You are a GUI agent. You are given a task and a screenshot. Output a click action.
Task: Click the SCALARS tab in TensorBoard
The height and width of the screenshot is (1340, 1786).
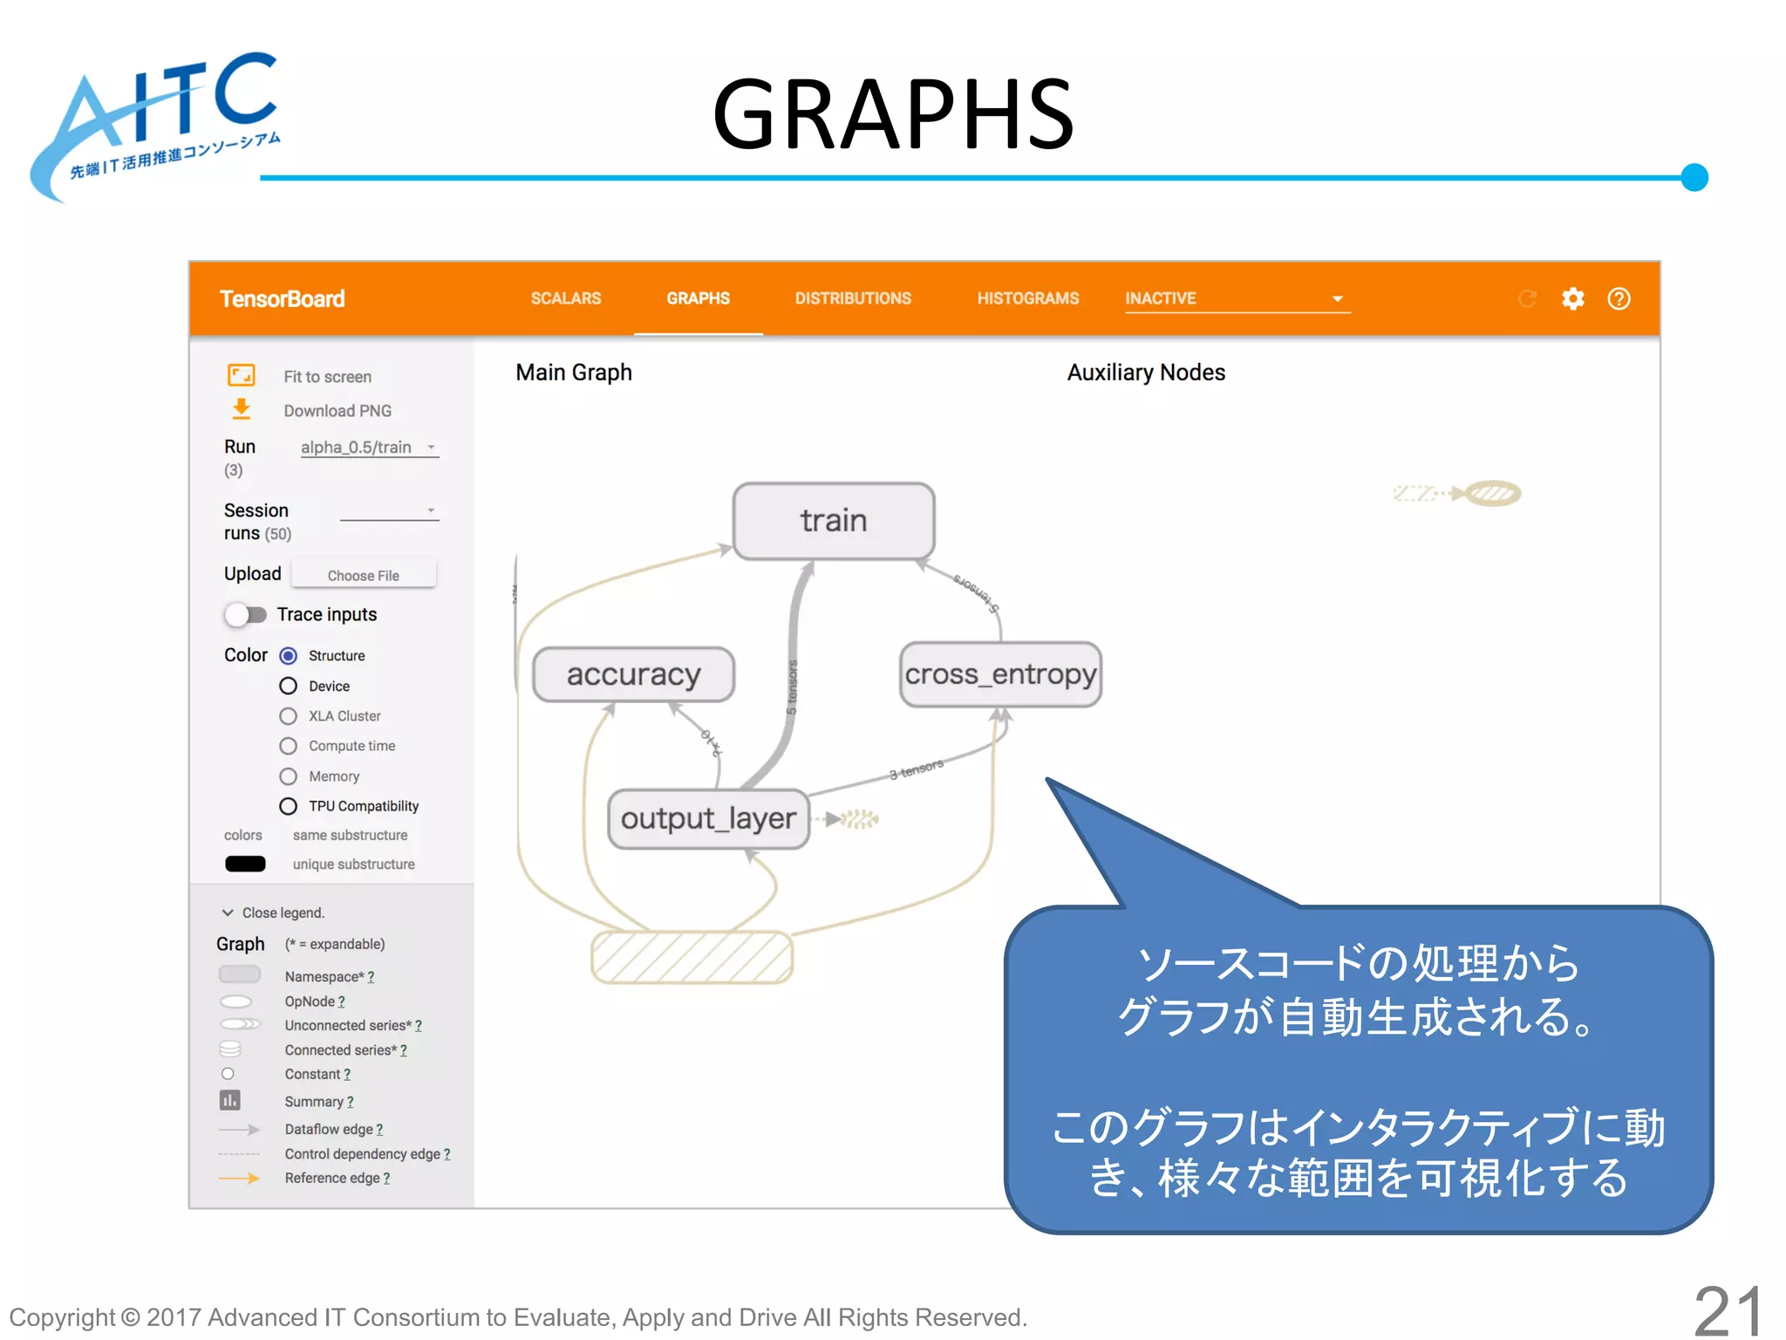[x=565, y=298]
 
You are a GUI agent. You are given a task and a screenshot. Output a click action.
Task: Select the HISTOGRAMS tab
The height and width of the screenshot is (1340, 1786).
[x=1027, y=298]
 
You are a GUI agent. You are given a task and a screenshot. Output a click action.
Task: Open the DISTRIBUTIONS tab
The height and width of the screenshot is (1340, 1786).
[x=852, y=298]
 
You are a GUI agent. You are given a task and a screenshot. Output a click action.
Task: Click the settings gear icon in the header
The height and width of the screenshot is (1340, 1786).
[x=1572, y=299]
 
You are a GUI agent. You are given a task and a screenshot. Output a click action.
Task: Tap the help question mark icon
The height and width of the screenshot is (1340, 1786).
[x=1619, y=299]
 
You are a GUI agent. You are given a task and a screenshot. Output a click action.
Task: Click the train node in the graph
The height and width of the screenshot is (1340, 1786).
[x=834, y=521]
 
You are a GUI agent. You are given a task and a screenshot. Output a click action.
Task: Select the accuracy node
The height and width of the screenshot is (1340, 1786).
[x=633, y=674]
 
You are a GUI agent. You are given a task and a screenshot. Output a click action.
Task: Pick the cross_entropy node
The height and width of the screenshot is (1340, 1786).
[x=1000, y=674]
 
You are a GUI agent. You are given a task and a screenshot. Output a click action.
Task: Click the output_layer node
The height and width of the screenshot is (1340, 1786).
[x=708, y=818]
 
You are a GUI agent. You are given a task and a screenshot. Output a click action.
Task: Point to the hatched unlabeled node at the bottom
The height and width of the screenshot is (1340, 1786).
[x=692, y=957]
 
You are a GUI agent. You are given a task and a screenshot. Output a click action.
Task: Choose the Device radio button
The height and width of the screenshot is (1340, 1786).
[x=289, y=686]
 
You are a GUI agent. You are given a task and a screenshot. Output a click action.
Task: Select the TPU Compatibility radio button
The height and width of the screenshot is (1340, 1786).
[x=289, y=806]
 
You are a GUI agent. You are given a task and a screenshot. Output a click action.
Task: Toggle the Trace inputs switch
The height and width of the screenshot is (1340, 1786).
[x=245, y=615]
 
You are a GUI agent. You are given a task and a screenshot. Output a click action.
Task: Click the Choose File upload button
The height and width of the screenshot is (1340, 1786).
[x=364, y=575]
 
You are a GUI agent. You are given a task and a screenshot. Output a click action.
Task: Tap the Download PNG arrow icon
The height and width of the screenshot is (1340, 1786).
[x=242, y=409]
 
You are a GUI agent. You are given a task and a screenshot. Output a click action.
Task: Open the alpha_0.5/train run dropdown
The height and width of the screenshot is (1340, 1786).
[x=368, y=448]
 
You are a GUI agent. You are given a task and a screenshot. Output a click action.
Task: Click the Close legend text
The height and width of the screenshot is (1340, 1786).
[x=283, y=913]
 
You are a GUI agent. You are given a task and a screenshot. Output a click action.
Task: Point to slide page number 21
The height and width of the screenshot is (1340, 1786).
[x=1728, y=1309]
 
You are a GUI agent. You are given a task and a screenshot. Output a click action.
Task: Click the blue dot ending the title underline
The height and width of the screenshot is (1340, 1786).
[x=1694, y=177]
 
